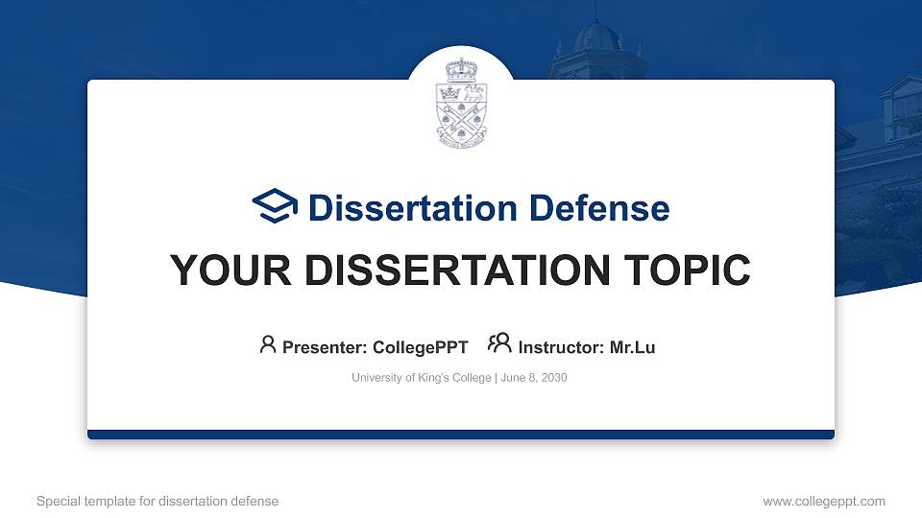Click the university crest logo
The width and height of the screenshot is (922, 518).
pyautogui.click(x=461, y=104)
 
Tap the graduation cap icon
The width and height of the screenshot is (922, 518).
pyautogui.click(x=275, y=206)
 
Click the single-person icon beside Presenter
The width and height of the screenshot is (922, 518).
pyautogui.click(x=268, y=344)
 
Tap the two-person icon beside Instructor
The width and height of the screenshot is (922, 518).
pyautogui.click(x=499, y=343)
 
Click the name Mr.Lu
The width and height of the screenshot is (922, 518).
pyautogui.click(x=632, y=347)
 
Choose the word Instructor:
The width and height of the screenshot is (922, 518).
pyautogui.click(x=561, y=347)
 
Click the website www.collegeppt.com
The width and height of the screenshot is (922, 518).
pyautogui.click(x=824, y=501)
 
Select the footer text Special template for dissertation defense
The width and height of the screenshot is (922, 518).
pyautogui.click(x=158, y=501)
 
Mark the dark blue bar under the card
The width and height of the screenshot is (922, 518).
pyautogui.click(x=461, y=435)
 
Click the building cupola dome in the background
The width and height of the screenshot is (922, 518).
pyautogui.click(x=597, y=38)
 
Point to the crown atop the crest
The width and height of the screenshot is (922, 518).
pyautogui.click(x=461, y=69)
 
